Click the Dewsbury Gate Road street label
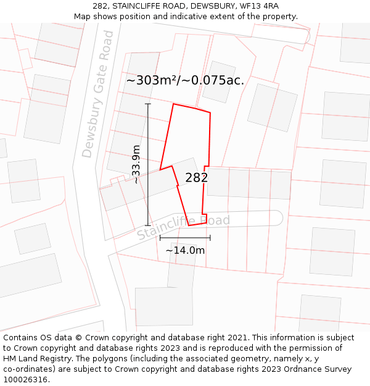pos(97,94)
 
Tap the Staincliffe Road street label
pos(183,227)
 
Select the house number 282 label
pos(196,178)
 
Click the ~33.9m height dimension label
pos(136,164)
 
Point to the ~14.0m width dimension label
pos(185,250)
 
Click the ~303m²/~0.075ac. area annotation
pos(185,80)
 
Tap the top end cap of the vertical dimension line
pos(148,104)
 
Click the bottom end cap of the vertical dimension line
pos(148,225)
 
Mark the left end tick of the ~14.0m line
pos(160,237)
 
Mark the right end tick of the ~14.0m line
pos(210,237)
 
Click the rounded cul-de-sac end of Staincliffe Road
pos(276,218)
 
